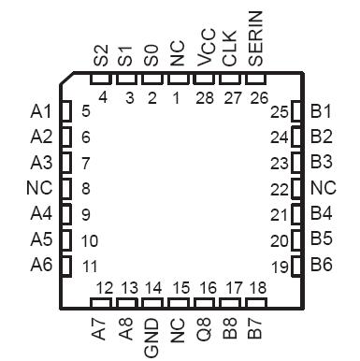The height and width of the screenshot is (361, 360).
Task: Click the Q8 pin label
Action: pyautogui.click(x=204, y=331)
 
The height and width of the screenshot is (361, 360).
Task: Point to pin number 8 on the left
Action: pyautogui.click(x=85, y=188)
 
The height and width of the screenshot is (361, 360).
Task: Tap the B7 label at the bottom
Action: pyautogui.click(x=255, y=331)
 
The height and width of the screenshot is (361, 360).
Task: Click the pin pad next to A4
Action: pyautogui.click(x=65, y=213)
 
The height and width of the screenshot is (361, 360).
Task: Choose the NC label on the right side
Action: pyautogui.click(x=322, y=188)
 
